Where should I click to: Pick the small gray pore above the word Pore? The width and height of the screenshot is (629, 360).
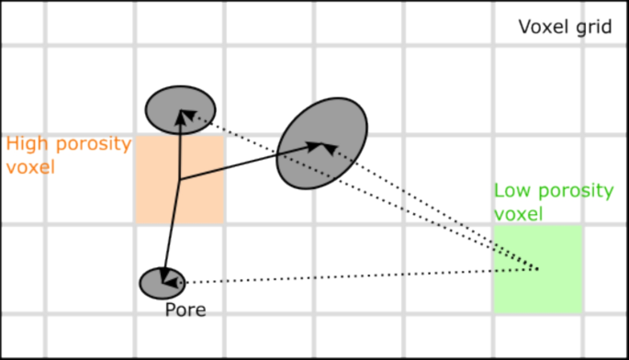(163, 282)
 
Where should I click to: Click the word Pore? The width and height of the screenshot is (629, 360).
(185, 309)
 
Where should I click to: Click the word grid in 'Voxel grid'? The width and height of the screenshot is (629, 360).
(594, 27)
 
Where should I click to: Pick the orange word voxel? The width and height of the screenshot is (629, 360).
(30, 168)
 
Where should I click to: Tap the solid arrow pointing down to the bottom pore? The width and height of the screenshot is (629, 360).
(171, 230)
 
